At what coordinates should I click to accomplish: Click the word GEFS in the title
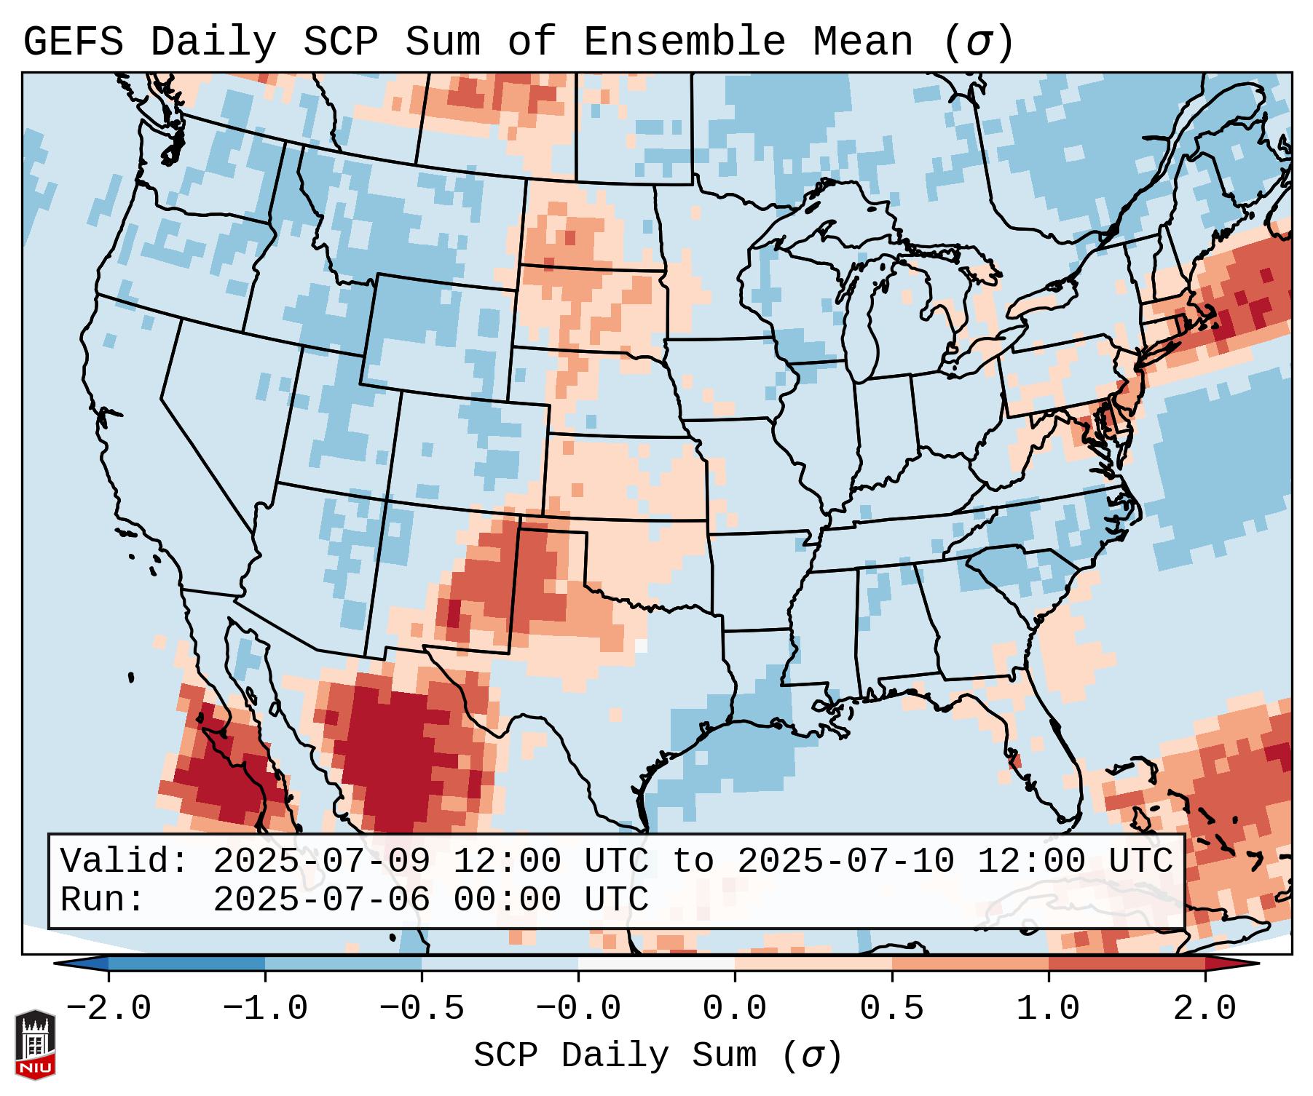[73, 42]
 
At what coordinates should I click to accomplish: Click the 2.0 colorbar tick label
[1204, 1009]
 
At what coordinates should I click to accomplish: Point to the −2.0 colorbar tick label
[109, 1009]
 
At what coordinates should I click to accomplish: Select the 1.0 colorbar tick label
[1048, 1009]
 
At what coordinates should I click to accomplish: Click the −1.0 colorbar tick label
[265, 1009]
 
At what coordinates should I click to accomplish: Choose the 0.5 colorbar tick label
[891, 1009]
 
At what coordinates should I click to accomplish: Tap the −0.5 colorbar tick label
[422, 1009]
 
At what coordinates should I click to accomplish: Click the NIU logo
[35, 1045]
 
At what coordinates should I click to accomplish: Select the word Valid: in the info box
[125, 862]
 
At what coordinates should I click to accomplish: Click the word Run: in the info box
[103, 900]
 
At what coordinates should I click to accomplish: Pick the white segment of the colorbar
[656, 964]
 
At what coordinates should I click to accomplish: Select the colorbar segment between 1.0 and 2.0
[1127, 964]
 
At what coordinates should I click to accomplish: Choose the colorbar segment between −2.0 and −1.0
[186, 964]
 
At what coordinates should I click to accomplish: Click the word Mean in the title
[862, 42]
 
